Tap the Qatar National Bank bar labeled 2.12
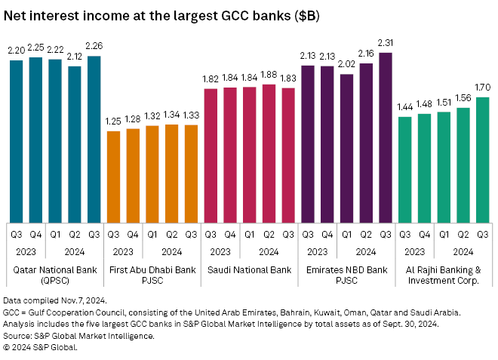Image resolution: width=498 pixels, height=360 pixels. (x=74, y=143)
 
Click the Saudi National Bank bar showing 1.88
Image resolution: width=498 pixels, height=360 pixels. (x=269, y=152)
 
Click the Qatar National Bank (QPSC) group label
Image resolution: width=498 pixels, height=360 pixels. (x=54, y=274)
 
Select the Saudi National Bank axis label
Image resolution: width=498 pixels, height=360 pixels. (x=249, y=269)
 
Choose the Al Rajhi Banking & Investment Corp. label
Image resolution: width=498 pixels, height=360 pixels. (x=444, y=274)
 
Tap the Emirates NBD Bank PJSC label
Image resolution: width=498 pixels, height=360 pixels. (x=346, y=274)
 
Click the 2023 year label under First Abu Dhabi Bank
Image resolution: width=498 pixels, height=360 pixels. (x=123, y=251)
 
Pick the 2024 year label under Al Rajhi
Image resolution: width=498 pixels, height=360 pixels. (x=463, y=251)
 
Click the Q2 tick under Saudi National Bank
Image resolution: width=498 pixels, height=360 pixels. (x=269, y=233)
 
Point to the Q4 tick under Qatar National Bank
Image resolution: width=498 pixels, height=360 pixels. (x=35, y=233)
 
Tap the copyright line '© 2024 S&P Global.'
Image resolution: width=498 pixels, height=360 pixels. (x=41, y=347)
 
